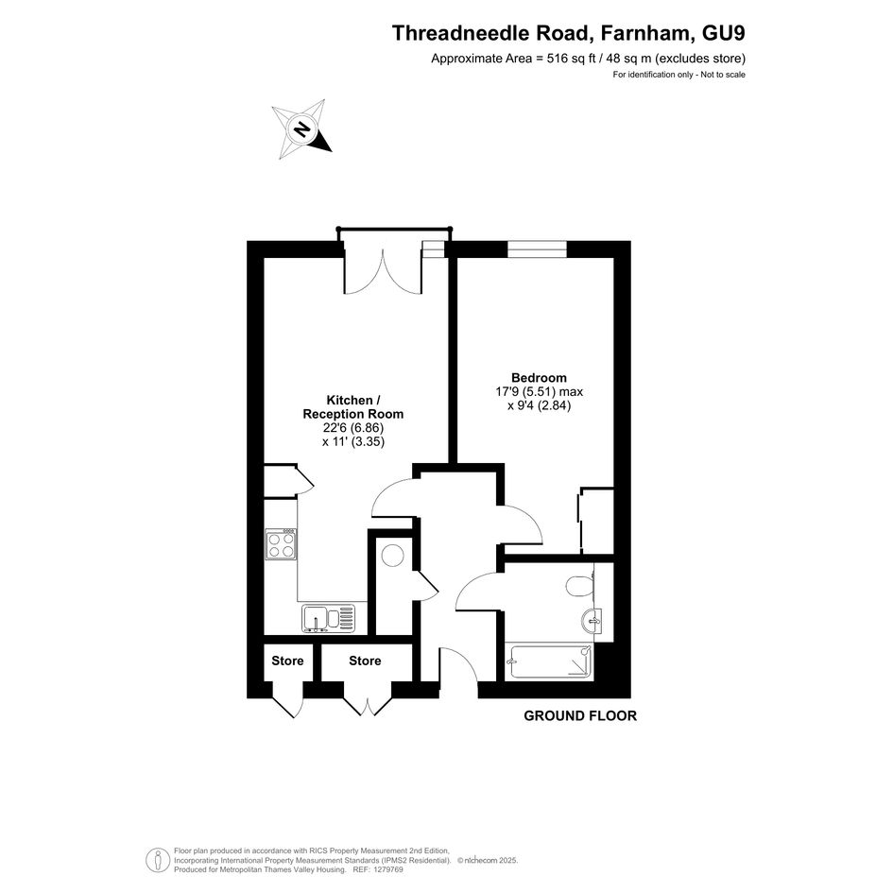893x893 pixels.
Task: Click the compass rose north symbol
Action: click(301, 129)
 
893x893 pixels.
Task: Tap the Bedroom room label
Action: click(539, 378)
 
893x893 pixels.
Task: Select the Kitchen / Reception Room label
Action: click(353, 407)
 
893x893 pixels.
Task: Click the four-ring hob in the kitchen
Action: click(281, 544)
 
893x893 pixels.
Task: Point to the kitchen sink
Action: click(328, 619)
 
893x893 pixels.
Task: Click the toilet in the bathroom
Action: click(581, 585)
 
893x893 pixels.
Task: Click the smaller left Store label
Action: click(287, 661)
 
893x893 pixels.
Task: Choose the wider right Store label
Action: click(365, 661)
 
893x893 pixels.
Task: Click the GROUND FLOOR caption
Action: click(580, 716)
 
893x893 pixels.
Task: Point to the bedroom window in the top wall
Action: click(537, 249)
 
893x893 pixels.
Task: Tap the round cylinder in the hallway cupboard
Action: click(393, 556)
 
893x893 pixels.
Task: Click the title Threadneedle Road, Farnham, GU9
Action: click(568, 33)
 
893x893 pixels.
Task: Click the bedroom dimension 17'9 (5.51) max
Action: click(540, 392)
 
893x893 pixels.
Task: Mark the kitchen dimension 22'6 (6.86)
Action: click(353, 428)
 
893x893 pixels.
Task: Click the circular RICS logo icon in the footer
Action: click(154, 860)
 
